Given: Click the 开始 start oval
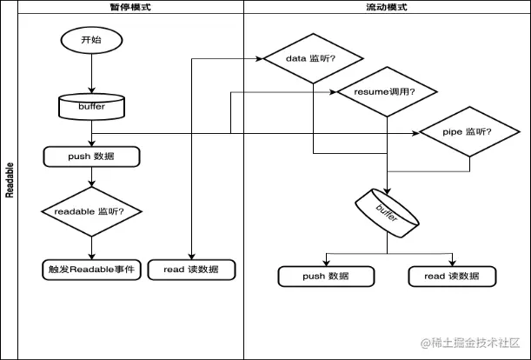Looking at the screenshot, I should point(91,40).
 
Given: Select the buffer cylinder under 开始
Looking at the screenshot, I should point(91,107).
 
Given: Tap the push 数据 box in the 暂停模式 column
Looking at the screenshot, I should point(91,157).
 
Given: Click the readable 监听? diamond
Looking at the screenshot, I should point(91,210).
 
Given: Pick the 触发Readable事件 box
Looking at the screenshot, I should point(91,270).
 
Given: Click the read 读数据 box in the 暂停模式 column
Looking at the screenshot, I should point(191,270).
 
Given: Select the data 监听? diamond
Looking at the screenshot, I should point(312,59).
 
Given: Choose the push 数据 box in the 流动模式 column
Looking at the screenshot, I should point(326,276).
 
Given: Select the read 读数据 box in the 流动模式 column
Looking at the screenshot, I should point(453,276).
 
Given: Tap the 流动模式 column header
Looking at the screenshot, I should point(387,7).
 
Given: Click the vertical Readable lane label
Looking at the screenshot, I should point(10,179).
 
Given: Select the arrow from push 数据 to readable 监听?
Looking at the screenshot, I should point(91,177).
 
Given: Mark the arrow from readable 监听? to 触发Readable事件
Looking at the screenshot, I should point(91,246).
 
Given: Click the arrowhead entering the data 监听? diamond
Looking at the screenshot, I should point(260,59).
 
